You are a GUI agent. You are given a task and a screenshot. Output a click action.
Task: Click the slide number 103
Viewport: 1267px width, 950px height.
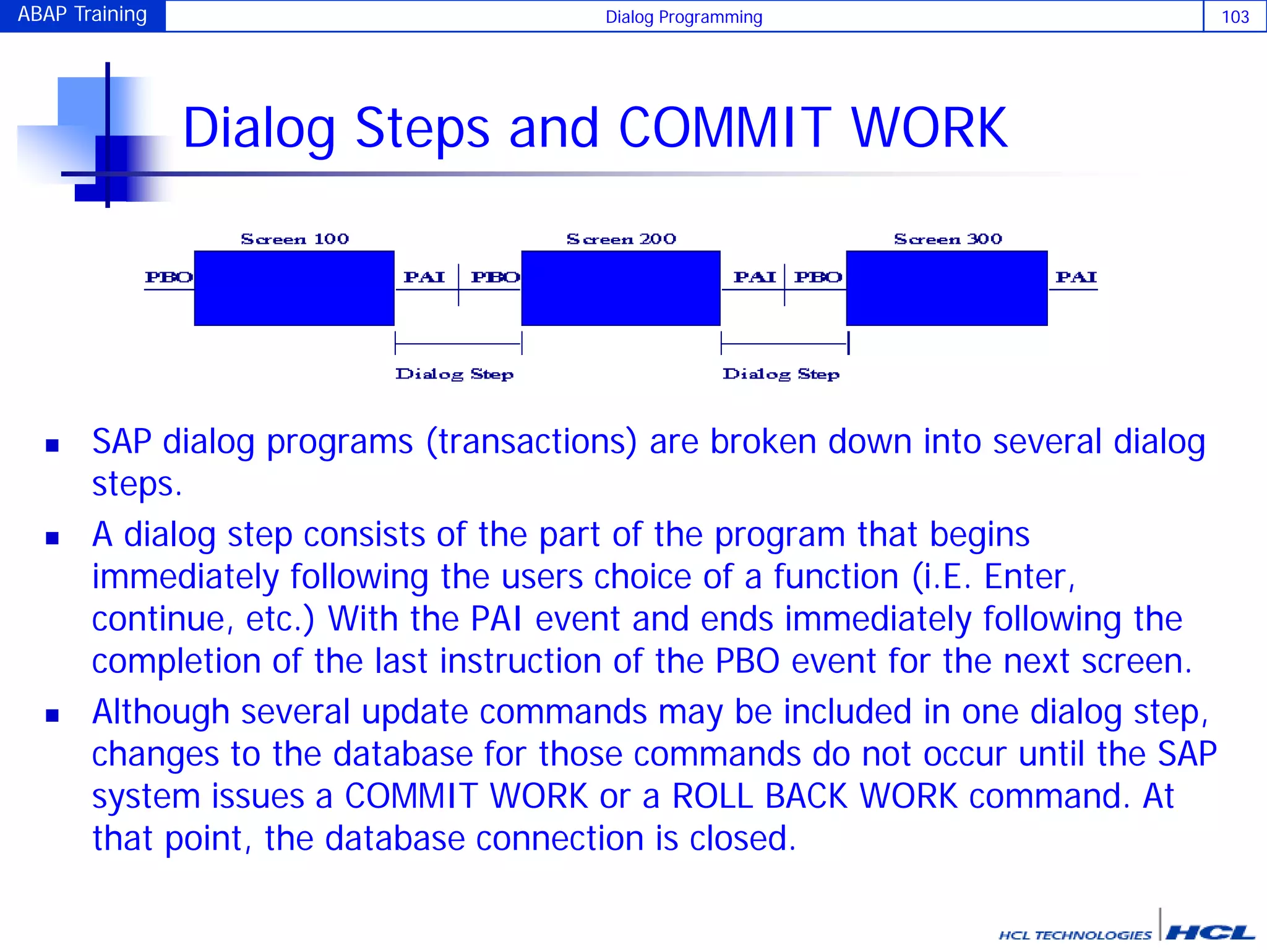click(x=1235, y=17)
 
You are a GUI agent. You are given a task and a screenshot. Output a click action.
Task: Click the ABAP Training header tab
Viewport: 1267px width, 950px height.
click(x=82, y=15)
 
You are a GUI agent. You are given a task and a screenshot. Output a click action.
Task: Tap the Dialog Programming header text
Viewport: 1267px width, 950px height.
click(x=684, y=17)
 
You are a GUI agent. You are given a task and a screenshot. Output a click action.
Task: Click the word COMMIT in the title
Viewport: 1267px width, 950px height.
click(x=724, y=128)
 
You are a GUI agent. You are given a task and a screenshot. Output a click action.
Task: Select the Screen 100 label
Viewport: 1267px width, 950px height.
click(x=294, y=239)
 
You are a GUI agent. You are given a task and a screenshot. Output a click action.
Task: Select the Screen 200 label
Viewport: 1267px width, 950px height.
click(x=621, y=239)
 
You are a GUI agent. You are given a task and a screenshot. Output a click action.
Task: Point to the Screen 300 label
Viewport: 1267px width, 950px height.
click(x=948, y=239)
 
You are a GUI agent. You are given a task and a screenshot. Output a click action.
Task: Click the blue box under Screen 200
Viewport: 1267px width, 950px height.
click(x=621, y=288)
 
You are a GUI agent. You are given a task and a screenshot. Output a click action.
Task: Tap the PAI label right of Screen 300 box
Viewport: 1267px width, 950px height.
click(x=1076, y=277)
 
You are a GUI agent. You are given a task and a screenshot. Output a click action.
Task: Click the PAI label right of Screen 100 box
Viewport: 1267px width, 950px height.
click(x=424, y=277)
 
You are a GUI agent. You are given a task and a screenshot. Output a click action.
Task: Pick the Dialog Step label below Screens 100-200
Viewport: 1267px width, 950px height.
click(x=455, y=374)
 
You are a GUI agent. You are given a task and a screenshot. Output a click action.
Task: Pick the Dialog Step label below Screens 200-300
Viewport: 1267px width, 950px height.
click(x=781, y=374)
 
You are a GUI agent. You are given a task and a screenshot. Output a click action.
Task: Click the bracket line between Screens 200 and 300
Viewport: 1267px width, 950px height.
click(x=784, y=344)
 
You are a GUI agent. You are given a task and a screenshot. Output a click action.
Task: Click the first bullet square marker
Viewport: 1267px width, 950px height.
click(x=53, y=445)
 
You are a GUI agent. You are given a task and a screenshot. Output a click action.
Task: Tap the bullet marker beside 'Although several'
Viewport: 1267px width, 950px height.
click(x=53, y=716)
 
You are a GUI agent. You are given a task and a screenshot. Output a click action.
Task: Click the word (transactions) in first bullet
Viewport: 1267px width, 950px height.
click(x=531, y=443)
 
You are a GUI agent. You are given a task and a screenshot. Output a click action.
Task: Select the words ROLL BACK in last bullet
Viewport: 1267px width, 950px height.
click(x=760, y=796)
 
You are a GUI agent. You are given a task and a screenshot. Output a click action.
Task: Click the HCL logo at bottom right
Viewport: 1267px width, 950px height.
click(x=1209, y=933)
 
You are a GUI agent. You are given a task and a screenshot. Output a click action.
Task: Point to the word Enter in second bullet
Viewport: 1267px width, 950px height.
click(x=1024, y=577)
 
